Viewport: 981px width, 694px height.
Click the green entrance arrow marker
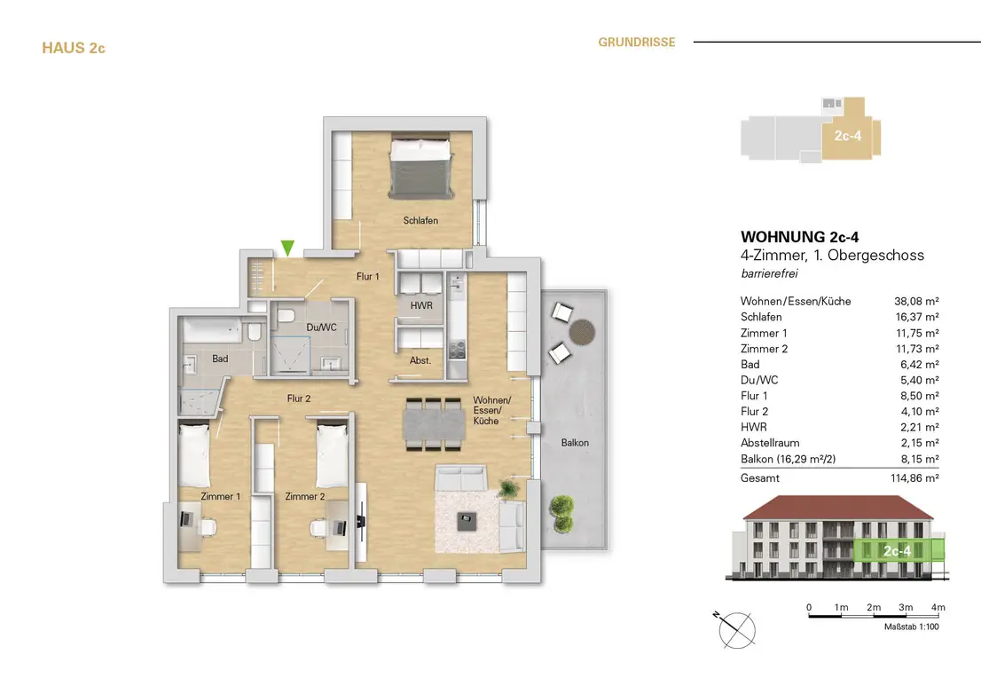click(286, 247)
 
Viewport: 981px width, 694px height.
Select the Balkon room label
click(575, 442)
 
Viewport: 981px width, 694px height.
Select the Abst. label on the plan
click(420, 360)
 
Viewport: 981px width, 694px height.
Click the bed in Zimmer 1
click(194, 453)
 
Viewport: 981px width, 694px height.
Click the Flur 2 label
click(298, 398)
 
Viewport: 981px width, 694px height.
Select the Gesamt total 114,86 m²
click(914, 477)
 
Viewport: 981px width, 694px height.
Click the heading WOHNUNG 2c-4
click(799, 237)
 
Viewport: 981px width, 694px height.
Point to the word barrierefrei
click(769, 274)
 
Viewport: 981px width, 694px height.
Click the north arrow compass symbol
click(738, 629)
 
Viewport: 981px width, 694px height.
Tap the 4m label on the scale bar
click(938, 608)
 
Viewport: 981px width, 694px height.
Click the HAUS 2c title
click(74, 48)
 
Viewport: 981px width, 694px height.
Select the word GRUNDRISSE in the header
click(636, 42)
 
